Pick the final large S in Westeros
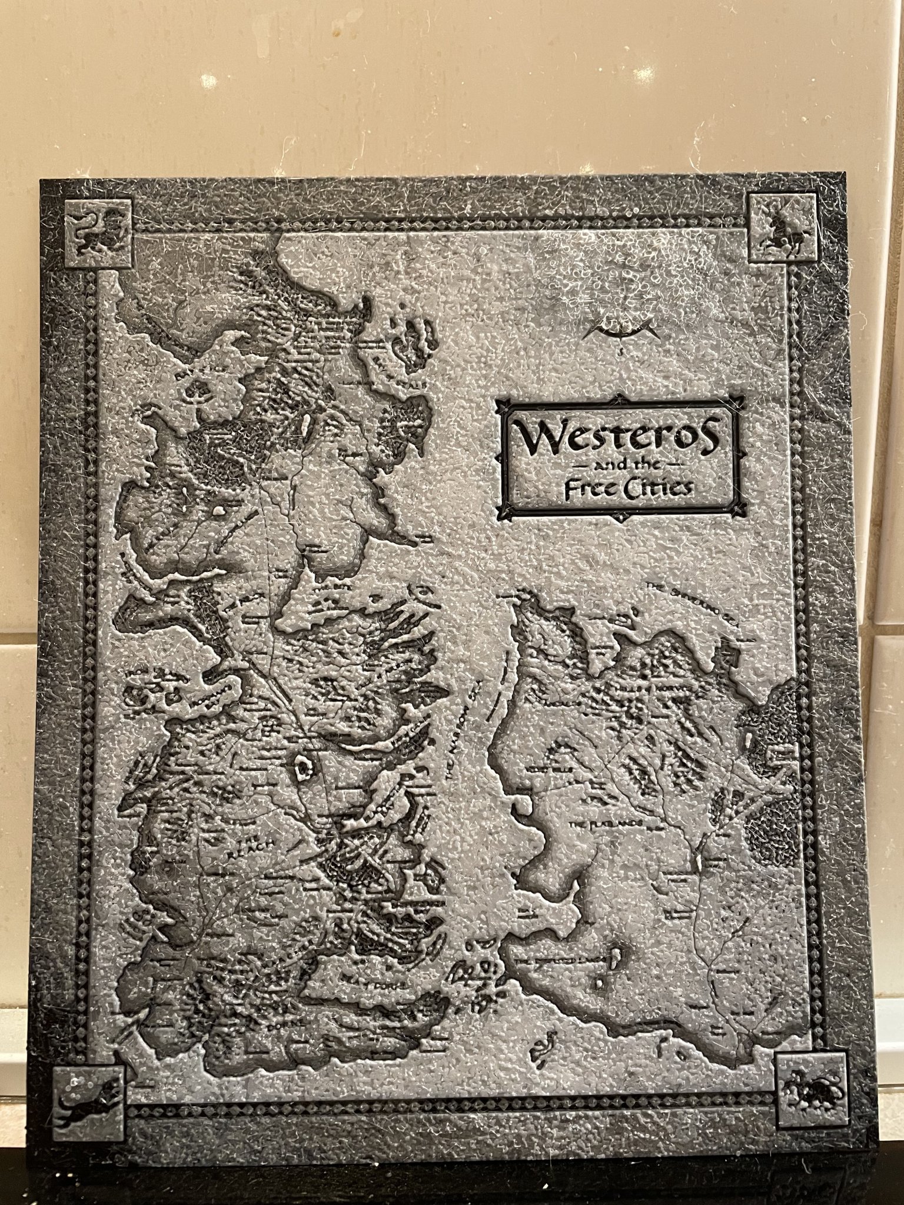click(x=704, y=434)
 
